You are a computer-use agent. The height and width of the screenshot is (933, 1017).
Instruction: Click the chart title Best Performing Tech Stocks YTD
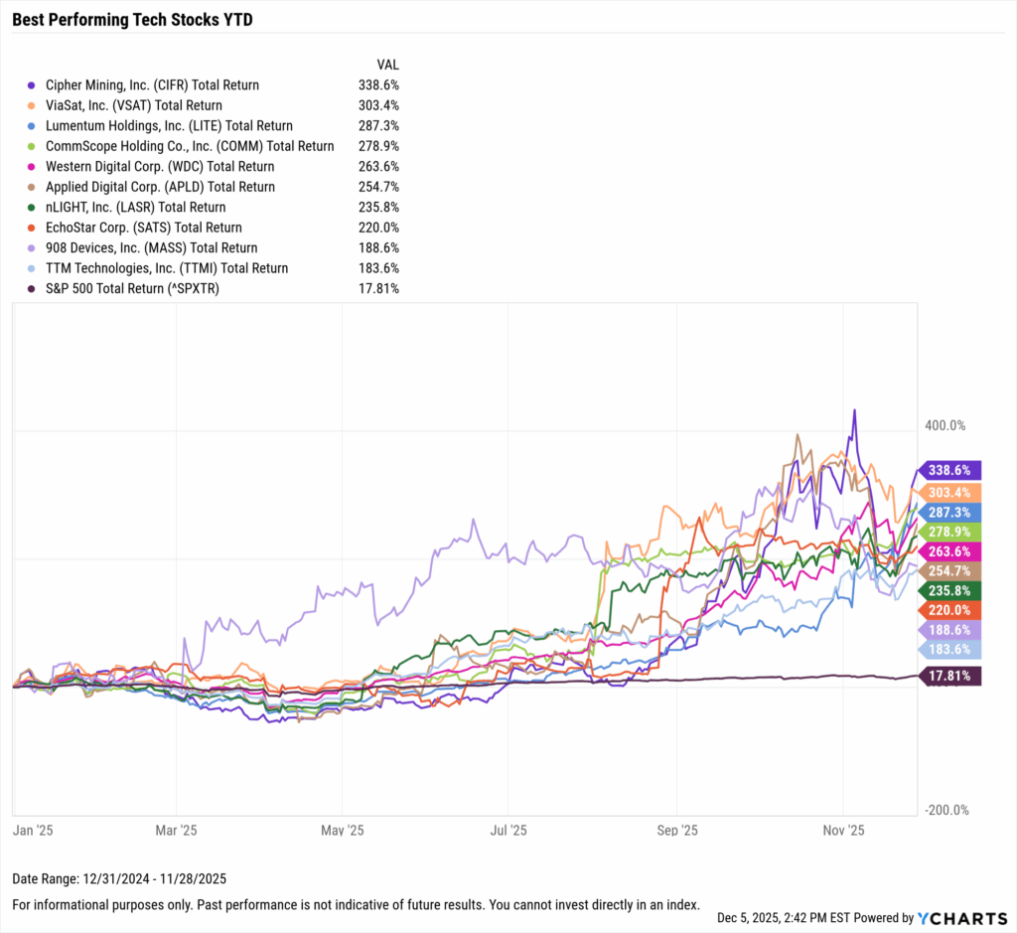tap(132, 20)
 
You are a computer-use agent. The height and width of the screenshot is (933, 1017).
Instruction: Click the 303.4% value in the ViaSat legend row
tap(378, 105)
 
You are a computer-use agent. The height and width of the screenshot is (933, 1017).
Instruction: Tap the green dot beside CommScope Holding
tap(34, 146)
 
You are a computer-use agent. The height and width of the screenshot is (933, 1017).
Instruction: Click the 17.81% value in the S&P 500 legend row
tap(378, 289)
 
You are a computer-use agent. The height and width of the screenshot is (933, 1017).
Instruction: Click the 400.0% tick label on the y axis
tap(945, 425)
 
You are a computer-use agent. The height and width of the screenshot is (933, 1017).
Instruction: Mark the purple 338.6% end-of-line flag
tap(950, 471)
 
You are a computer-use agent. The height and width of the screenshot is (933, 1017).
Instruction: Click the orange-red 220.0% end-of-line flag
tap(950, 609)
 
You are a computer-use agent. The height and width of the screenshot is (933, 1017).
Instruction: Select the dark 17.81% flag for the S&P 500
tap(950, 677)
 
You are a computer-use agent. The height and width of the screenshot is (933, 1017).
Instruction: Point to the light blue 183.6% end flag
tap(950, 650)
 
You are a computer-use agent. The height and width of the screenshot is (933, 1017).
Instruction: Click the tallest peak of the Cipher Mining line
tap(853, 410)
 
